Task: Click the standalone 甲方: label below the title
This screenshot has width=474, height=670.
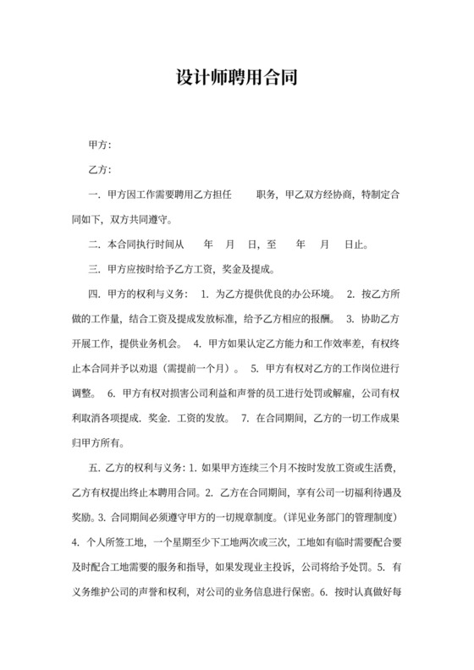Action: [x=100, y=145]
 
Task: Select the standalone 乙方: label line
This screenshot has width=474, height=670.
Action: [x=100, y=170]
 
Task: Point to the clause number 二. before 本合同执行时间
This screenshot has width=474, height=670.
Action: [x=94, y=245]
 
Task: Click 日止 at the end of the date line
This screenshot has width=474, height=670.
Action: [x=355, y=245]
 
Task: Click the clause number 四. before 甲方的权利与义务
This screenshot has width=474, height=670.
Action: [x=94, y=295]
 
